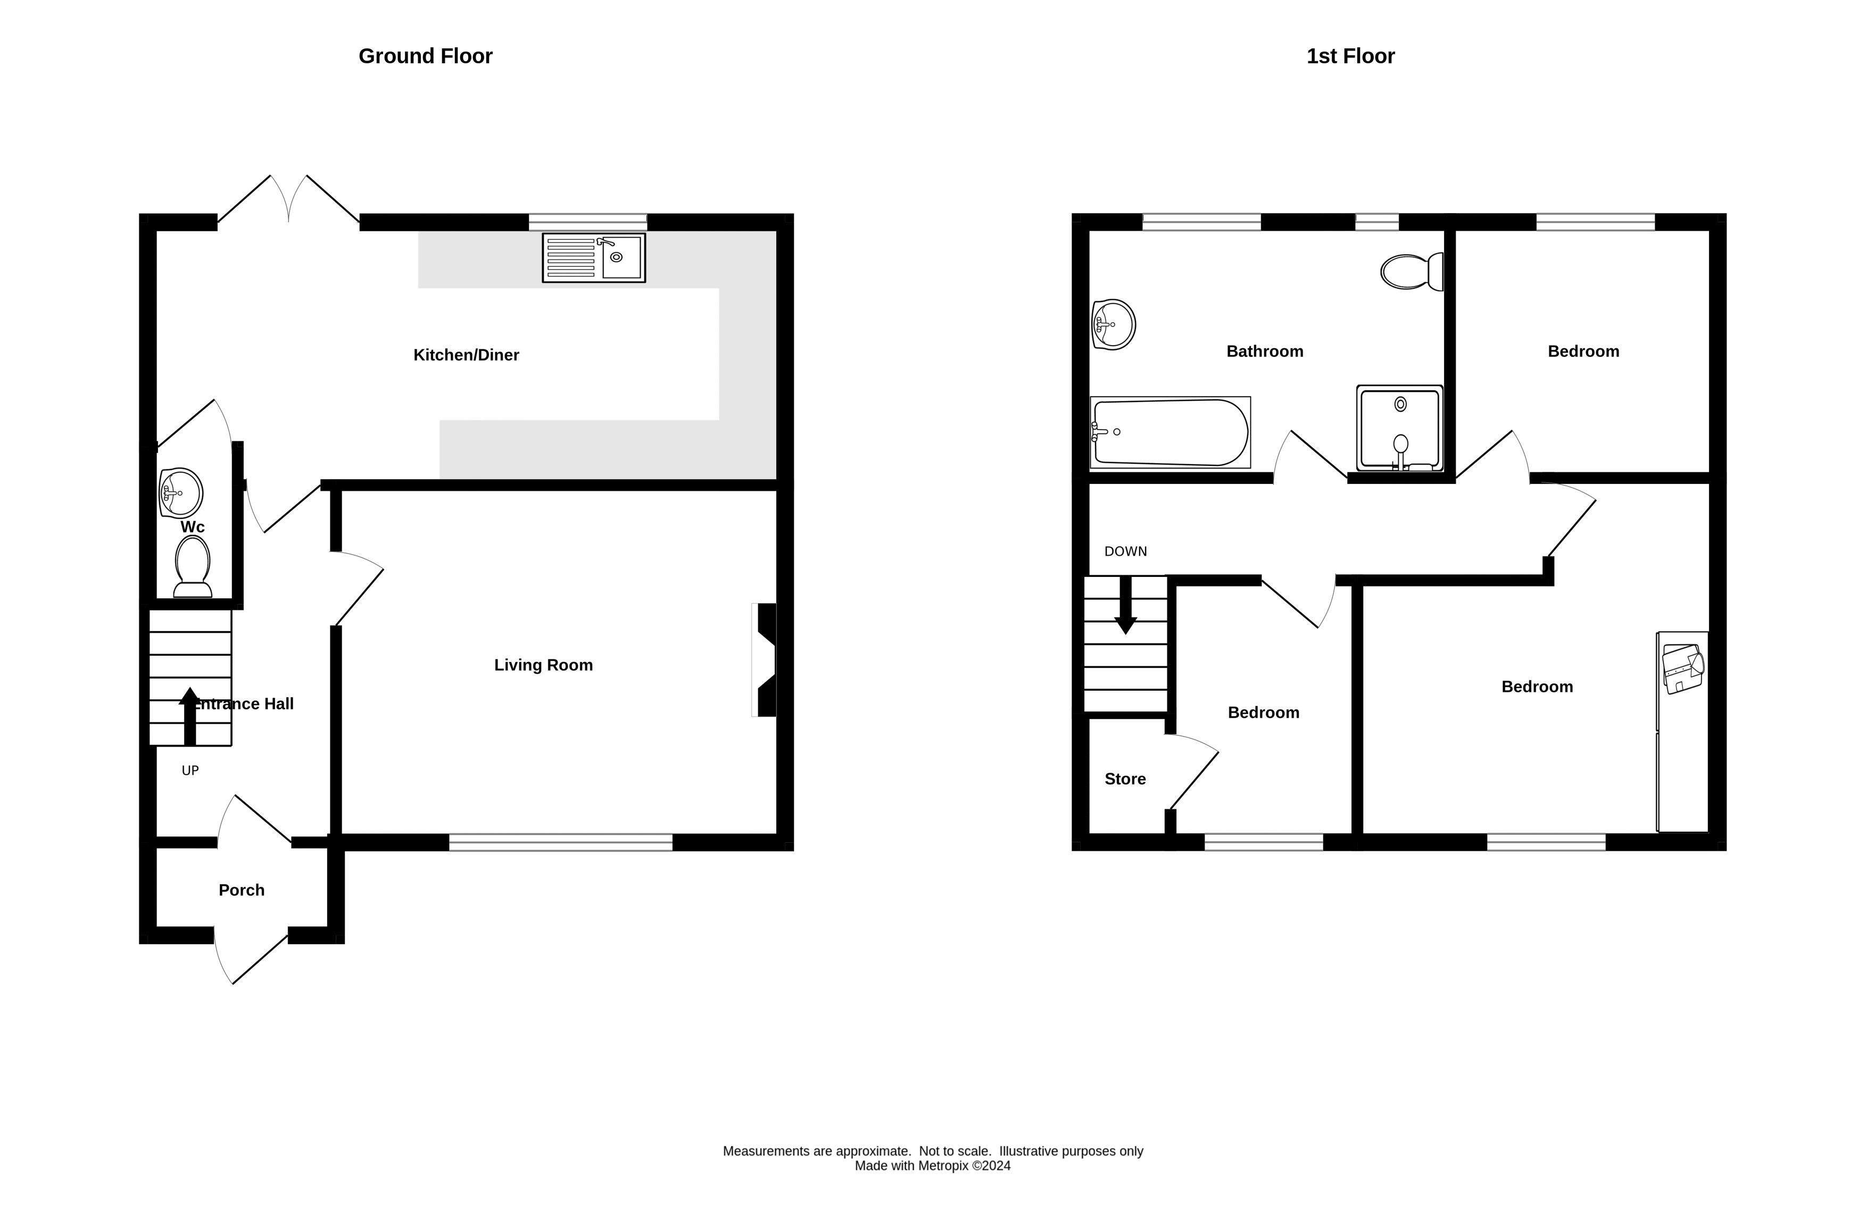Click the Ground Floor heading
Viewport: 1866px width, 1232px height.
click(x=425, y=56)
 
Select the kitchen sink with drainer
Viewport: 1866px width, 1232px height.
click(x=593, y=258)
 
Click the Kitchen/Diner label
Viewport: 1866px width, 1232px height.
click(x=466, y=355)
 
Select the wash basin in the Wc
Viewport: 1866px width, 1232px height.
click(x=181, y=493)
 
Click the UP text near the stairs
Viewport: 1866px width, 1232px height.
click(x=190, y=771)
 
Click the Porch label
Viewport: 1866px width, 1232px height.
click(x=242, y=890)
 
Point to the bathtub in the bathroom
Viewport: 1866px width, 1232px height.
click(x=1170, y=433)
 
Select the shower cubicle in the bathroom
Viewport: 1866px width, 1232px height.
click(x=1399, y=428)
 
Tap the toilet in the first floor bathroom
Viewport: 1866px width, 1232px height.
click(x=1412, y=272)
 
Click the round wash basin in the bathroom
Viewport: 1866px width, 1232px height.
click(x=1113, y=324)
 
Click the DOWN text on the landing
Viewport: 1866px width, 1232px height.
click(x=1125, y=551)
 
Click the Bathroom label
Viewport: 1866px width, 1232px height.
click(x=1265, y=351)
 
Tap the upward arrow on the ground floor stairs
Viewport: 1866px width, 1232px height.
click(x=189, y=715)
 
